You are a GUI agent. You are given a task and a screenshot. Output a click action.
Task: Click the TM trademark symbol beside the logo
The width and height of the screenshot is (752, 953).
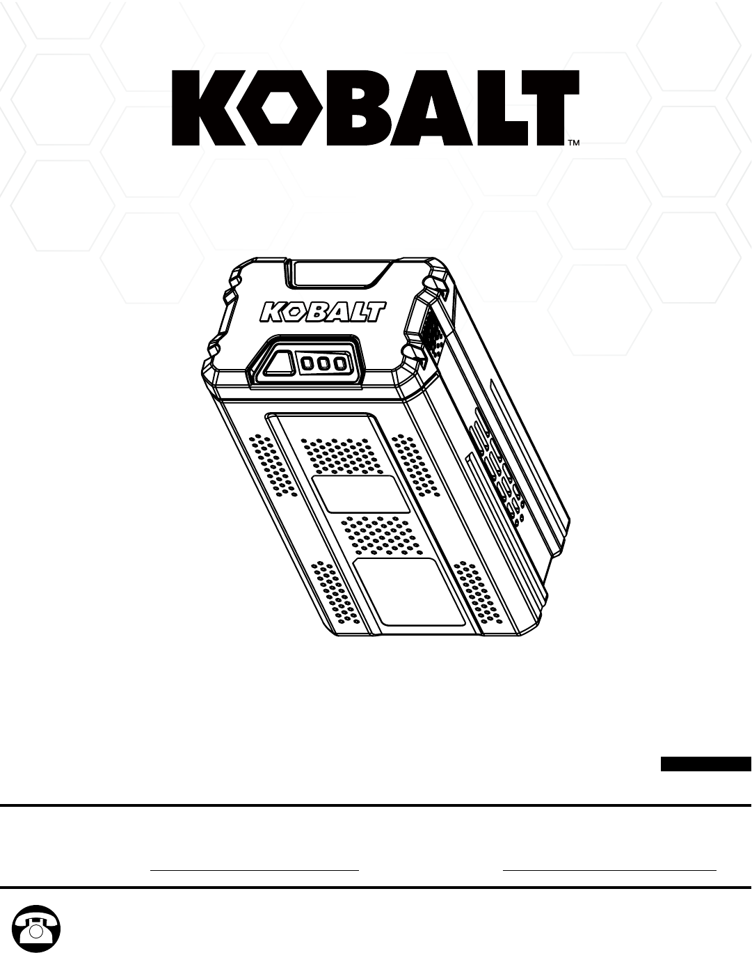[575, 143]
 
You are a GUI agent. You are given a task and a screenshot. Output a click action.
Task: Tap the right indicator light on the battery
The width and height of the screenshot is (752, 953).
[339, 363]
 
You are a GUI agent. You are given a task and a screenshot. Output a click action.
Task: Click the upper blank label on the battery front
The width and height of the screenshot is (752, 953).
[360, 495]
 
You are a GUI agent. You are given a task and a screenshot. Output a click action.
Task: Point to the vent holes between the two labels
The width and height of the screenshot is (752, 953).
[380, 535]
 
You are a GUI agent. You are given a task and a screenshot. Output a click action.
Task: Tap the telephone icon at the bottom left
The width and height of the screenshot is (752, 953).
[37, 928]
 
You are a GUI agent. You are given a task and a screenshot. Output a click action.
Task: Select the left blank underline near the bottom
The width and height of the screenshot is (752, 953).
[255, 869]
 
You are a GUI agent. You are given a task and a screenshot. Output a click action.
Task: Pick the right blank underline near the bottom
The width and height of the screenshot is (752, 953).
[609, 869]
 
